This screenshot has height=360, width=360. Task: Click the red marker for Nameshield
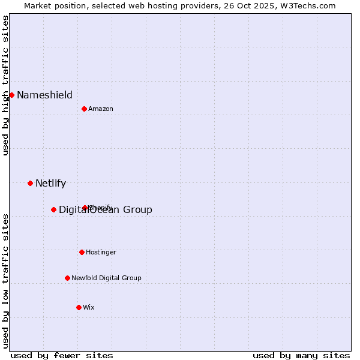[11, 95]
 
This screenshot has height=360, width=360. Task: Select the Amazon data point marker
[84, 109]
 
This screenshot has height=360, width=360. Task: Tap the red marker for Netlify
[30, 183]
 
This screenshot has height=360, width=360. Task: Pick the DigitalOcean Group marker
[53, 209]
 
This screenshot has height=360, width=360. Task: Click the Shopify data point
[85, 208]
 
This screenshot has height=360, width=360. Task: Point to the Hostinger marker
[82, 252]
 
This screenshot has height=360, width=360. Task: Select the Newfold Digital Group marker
[67, 278]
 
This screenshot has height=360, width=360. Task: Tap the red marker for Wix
[79, 307]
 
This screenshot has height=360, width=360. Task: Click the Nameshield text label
[44, 95]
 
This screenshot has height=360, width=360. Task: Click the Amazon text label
[101, 109]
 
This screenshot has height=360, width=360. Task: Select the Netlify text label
[50, 183]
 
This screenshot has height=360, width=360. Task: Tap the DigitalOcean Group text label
[106, 209]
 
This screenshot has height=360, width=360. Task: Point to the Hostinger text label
[101, 252]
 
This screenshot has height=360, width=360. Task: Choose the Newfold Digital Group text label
[106, 278]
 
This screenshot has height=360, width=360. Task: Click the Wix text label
[89, 307]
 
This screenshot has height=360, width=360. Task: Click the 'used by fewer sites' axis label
[62, 355]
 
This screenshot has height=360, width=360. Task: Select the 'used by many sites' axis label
[301, 355]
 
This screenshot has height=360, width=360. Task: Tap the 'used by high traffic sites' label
[5, 85]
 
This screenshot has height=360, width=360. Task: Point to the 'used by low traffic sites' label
[5, 281]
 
